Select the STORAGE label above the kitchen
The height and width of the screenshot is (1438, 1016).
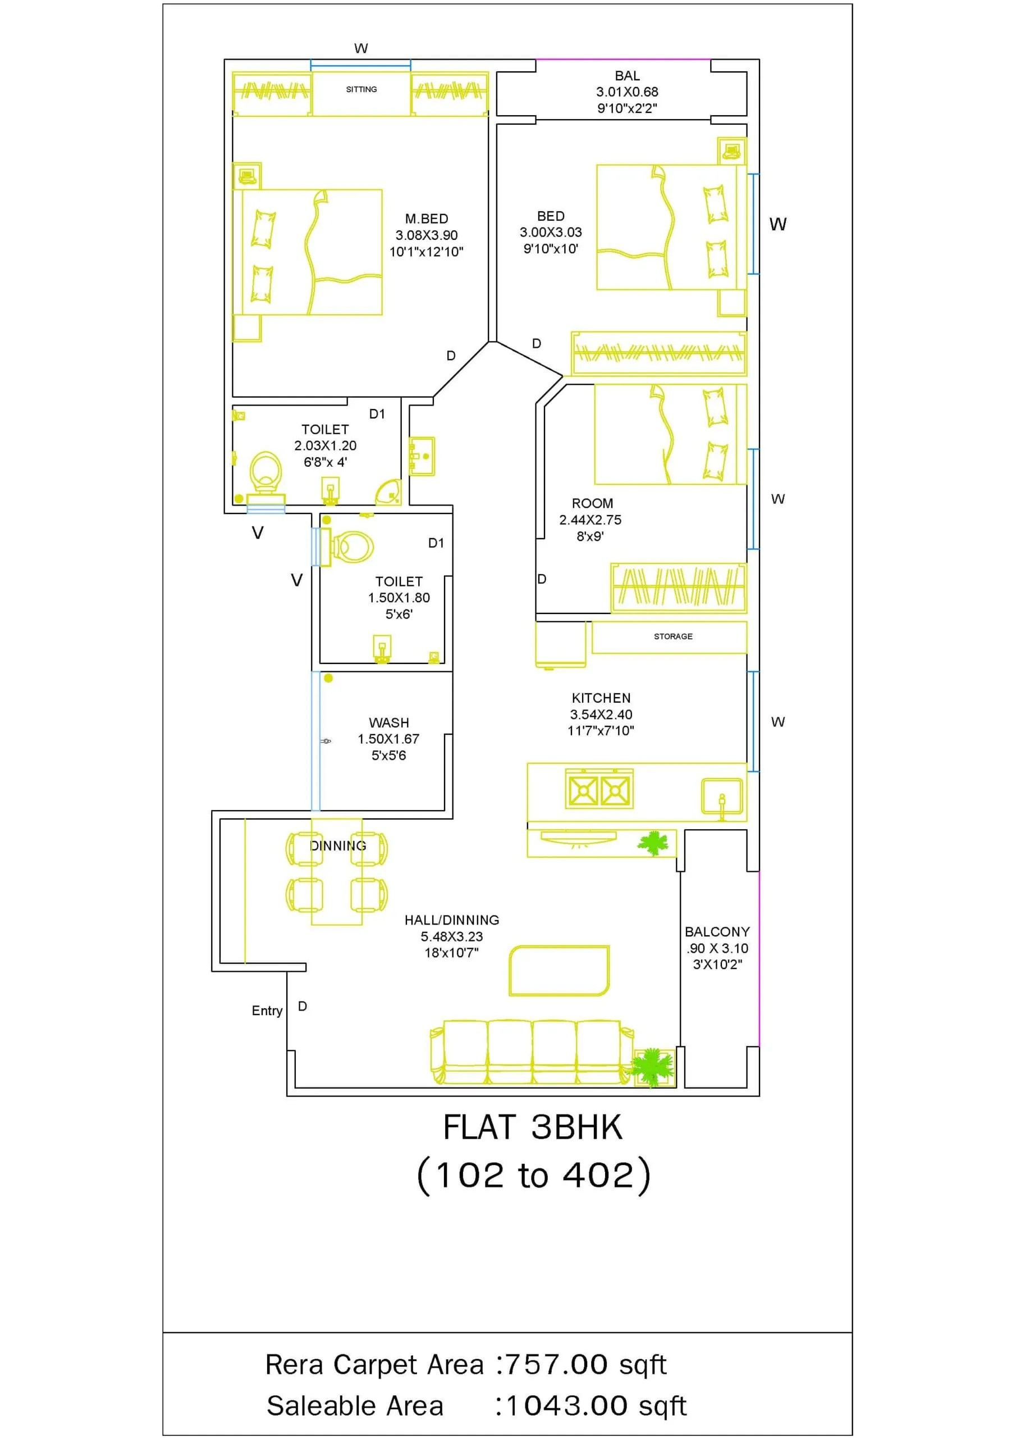click(673, 636)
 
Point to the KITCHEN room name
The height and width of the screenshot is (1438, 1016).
click(601, 698)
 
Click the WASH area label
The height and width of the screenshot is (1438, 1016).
click(389, 723)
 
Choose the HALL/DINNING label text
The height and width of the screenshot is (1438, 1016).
click(452, 920)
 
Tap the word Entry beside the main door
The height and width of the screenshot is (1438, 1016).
click(267, 1011)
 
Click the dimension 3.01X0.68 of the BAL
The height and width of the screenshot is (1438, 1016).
click(627, 92)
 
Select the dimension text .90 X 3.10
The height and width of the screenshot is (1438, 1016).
click(717, 948)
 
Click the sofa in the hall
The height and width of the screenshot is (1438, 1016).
click(532, 1052)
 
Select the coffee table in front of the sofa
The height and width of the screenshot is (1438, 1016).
click(559, 971)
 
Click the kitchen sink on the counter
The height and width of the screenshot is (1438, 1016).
click(722, 797)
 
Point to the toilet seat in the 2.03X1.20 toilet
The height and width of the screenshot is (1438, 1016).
click(266, 473)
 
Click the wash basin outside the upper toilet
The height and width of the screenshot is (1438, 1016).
click(422, 456)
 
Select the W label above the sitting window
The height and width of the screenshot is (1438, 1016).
click(361, 48)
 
